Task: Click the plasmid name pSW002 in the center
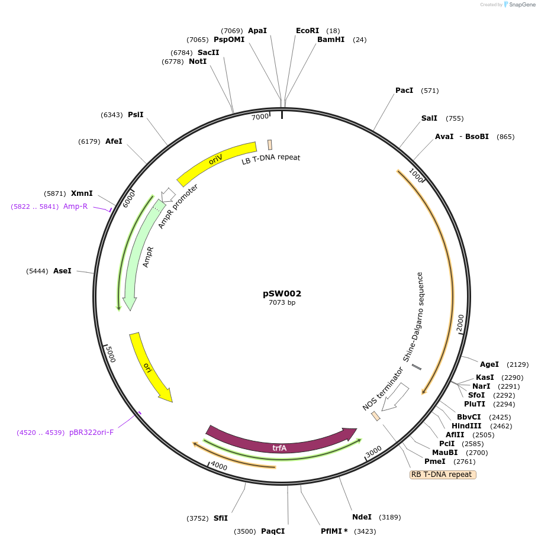coord(282,293)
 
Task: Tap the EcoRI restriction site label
coord(307,31)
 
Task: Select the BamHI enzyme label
coord(331,40)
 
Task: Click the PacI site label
coord(404,91)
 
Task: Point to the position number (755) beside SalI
coord(455,118)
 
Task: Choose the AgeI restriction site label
coord(489,364)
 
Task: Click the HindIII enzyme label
coord(466,425)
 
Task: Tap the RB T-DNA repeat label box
coord(443,475)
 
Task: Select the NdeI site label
coord(362,517)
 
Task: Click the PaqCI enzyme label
coord(273,531)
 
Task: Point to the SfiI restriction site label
coord(221,518)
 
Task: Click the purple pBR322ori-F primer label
coord(91,433)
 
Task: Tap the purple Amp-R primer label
coord(75,207)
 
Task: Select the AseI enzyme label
coord(62,271)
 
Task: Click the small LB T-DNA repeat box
coord(270,144)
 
